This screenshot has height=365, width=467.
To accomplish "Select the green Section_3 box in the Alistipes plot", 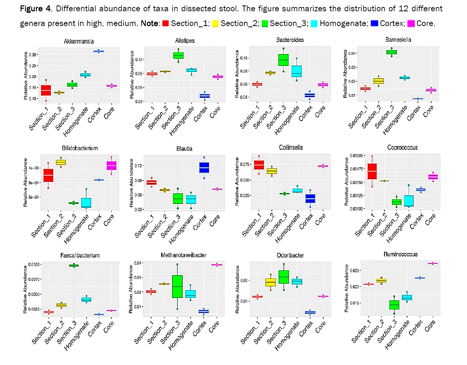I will click(178, 55).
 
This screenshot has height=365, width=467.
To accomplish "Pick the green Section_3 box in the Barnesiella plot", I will click(391, 52).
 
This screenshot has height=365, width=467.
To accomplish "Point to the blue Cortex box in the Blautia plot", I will click(204, 167).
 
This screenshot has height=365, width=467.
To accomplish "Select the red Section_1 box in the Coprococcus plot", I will click(372, 171).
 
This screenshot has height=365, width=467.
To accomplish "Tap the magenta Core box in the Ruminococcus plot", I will click(432, 263).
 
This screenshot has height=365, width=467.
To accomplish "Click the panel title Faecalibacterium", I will click(80, 256).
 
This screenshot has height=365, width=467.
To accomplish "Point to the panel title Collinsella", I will click(291, 147).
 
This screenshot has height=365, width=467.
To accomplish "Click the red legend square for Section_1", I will click(165, 24).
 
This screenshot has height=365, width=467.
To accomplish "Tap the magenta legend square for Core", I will click(411, 24).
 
